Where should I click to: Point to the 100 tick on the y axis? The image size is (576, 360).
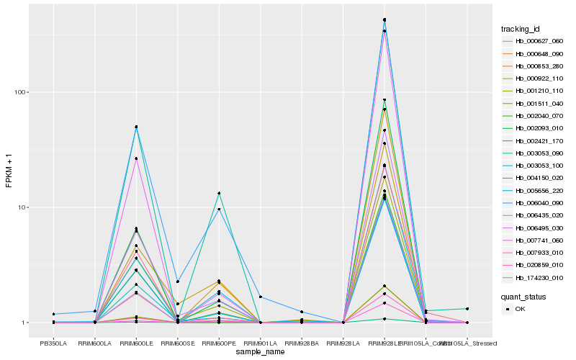(x=22, y=92)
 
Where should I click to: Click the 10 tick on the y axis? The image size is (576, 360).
(x=23, y=207)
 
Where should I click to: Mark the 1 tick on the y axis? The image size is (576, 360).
(x=25, y=323)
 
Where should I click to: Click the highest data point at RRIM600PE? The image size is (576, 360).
(x=219, y=193)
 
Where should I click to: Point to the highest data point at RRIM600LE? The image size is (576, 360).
(x=136, y=127)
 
